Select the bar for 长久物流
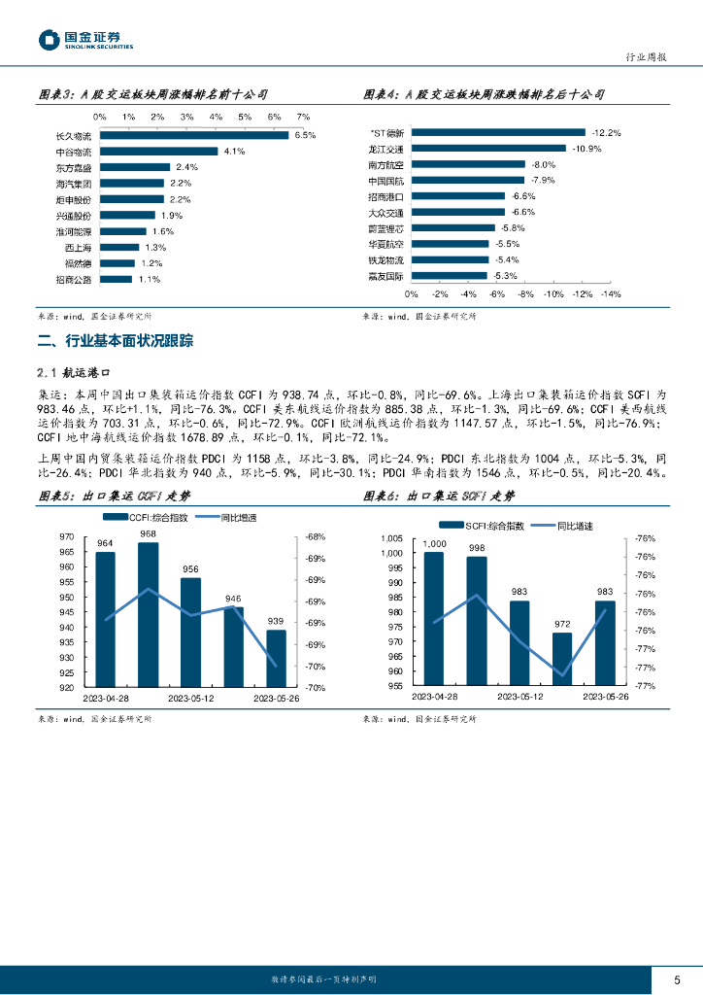(194, 135)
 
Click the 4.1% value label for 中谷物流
(233, 152)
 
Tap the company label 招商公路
(74, 280)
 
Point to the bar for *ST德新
(498, 133)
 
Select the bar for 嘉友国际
(450, 276)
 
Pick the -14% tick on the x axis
(611, 293)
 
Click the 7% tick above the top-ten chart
(303, 117)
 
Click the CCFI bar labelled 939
(277, 658)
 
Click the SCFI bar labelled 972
(562, 659)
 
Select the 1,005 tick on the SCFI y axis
(389, 538)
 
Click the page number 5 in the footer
(677, 978)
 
